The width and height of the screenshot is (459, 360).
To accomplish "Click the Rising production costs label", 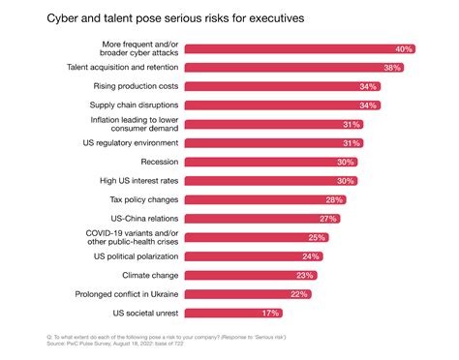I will click(128, 86).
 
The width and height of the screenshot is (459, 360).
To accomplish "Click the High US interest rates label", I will click(131, 179).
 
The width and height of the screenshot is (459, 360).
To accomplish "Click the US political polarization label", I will click(128, 256).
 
